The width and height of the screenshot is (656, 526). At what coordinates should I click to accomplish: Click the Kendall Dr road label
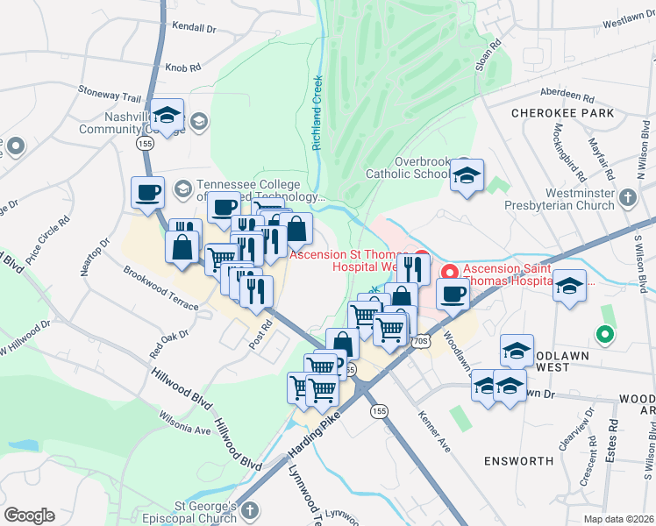194,28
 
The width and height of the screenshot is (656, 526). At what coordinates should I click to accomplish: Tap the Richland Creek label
317,113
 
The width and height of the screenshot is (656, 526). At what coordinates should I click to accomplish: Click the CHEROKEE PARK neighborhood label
562,114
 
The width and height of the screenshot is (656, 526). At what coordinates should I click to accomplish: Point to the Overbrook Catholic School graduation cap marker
467,174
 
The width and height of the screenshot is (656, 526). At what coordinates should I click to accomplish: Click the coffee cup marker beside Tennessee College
147,192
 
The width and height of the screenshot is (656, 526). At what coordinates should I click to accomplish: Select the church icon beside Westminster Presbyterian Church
627,199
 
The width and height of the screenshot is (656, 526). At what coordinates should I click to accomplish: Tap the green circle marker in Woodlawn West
603,334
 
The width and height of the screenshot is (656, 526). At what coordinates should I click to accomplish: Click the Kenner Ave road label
434,431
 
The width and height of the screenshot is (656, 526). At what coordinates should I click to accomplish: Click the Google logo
29,515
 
